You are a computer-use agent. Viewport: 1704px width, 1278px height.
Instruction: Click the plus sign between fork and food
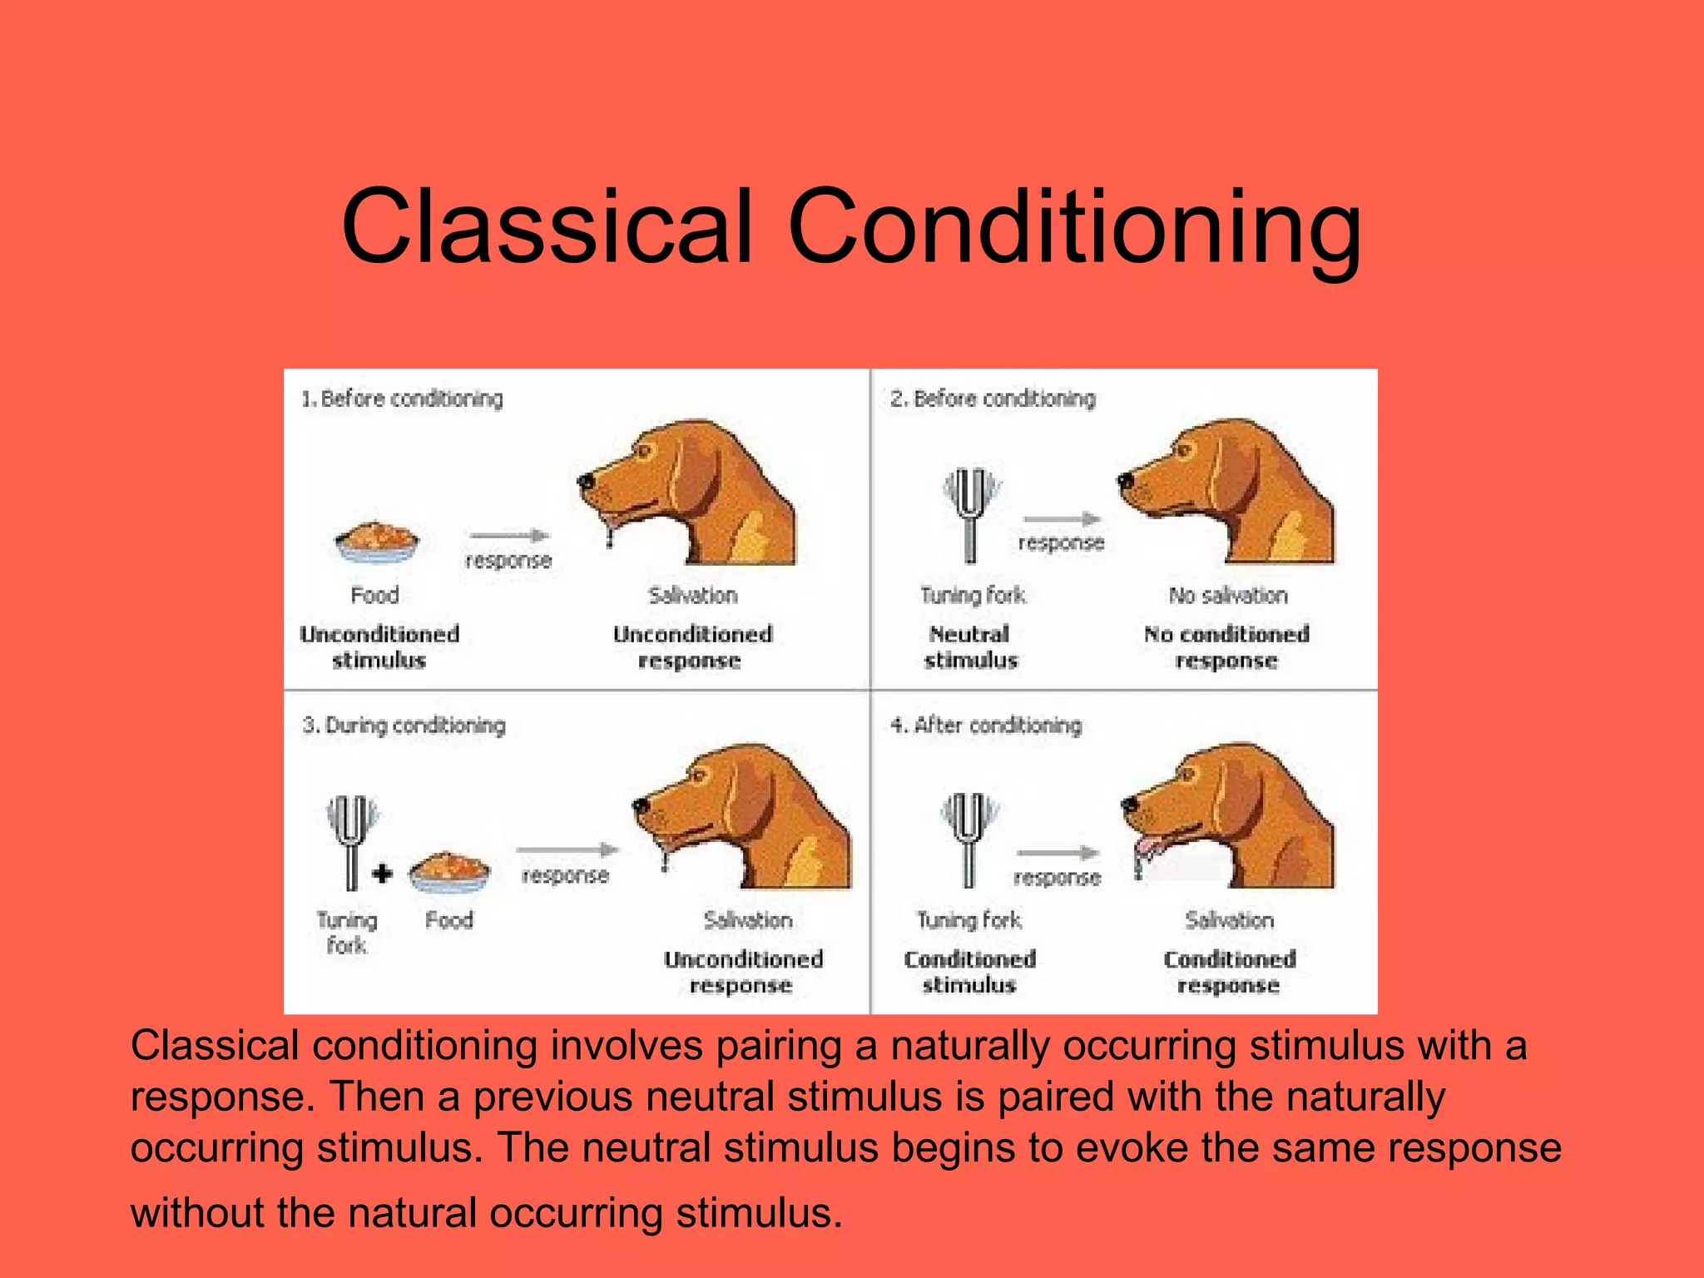click(x=382, y=874)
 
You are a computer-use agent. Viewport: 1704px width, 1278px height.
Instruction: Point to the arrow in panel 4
click(x=1058, y=853)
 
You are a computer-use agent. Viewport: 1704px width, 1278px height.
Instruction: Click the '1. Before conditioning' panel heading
click(x=402, y=399)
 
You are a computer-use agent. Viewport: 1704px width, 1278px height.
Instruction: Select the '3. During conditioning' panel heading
click(x=404, y=726)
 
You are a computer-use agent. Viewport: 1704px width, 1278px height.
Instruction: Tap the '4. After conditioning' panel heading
click(x=986, y=726)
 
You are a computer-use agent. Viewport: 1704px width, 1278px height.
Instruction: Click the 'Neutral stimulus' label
click(x=970, y=647)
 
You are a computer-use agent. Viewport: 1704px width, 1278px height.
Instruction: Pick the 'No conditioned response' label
click(x=1226, y=647)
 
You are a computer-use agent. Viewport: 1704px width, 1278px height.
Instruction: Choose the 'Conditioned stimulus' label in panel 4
click(x=969, y=972)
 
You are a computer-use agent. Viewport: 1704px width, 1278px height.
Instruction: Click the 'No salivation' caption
click(x=1228, y=596)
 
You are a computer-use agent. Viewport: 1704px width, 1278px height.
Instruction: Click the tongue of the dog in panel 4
click(x=1147, y=848)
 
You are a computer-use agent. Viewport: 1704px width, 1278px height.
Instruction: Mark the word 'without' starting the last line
click(x=197, y=1212)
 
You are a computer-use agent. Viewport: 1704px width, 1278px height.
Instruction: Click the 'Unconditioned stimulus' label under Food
click(x=379, y=647)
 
